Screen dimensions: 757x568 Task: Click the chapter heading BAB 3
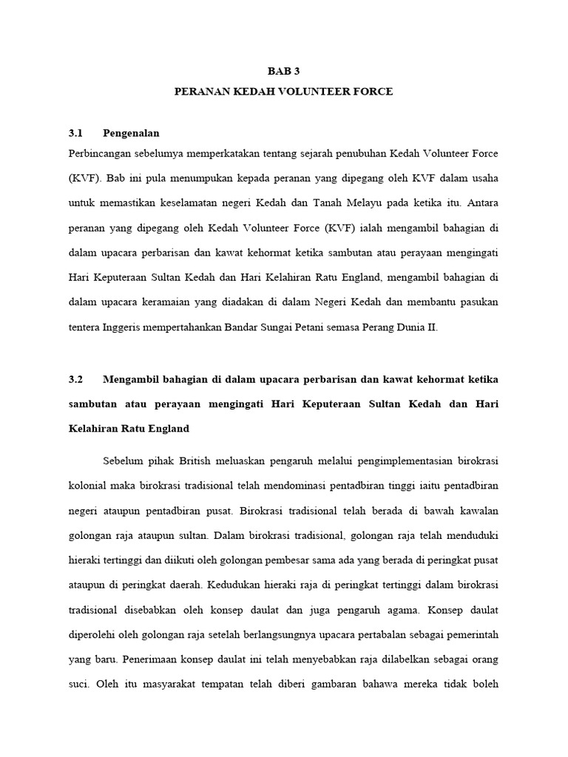click(x=284, y=71)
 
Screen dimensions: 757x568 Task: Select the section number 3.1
click(x=74, y=133)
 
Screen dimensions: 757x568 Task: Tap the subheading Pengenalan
click(x=131, y=133)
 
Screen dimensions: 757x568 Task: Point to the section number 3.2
click(x=74, y=379)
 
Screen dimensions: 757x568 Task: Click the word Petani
click(x=314, y=328)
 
